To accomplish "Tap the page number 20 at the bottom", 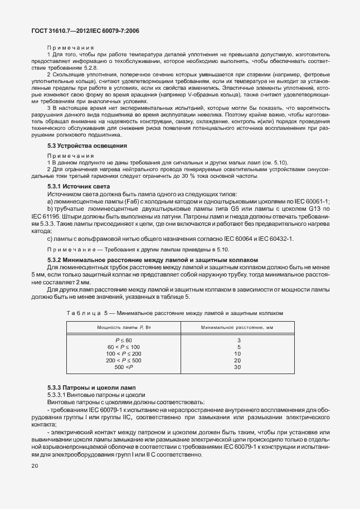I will click(x=36, y=465).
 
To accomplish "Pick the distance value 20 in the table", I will click(x=237, y=361).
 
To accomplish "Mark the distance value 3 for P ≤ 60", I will click(x=238, y=341).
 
